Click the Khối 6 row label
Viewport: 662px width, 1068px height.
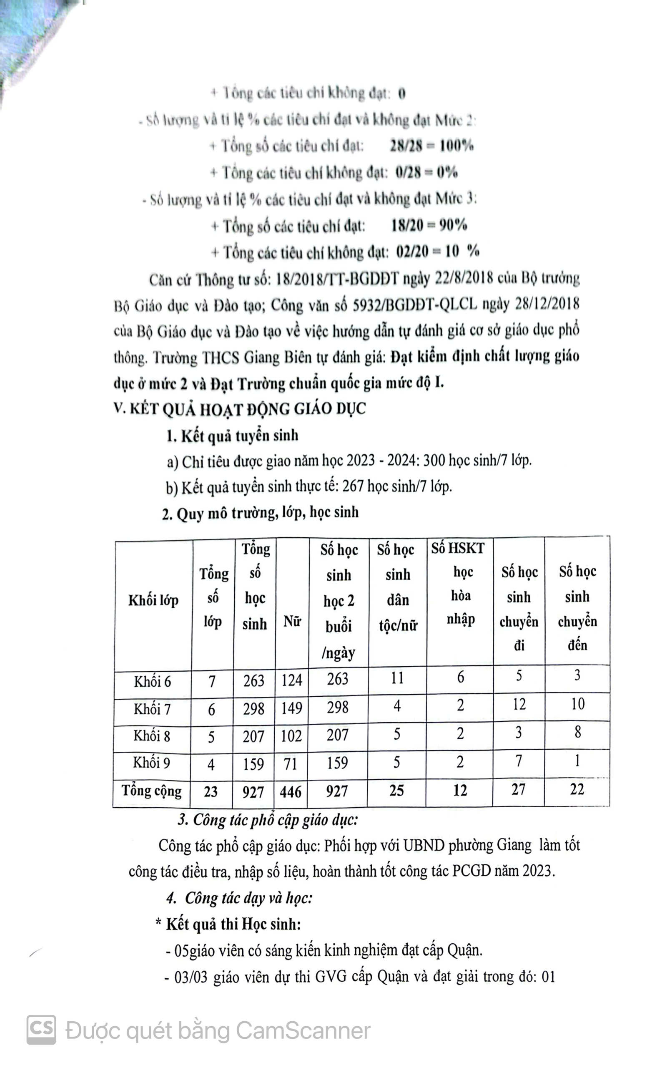pyautogui.click(x=152, y=681)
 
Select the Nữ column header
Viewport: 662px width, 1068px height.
pyautogui.click(x=292, y=621)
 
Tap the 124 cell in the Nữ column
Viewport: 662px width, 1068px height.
pyautogui.click(x=291, y=680)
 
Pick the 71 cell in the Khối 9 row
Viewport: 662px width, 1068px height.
pyautogui.click(x=291, y=763)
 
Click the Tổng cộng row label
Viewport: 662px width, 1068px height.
pyautogui.click(x=151, y=791)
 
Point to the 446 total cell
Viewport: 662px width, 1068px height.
pyautogui.click(x=291, y=791)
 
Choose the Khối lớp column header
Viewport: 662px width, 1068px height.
pyautogui.click(x=153, y=600)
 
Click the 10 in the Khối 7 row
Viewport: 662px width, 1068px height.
pyautogui.click(x=577, y=704)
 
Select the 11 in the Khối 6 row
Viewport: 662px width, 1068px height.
pyautogui.click(x=397, y=678)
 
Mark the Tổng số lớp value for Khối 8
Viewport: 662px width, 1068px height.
pyautogui.click(x=211, y=737)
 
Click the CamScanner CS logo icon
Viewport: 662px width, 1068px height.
pyautogui.click(x=41, y=1030)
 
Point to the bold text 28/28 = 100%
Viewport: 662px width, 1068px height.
pyautogui.click(x=431, y=146)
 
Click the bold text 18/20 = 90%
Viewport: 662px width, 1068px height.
pyautogui.click(x=429, y=225)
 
